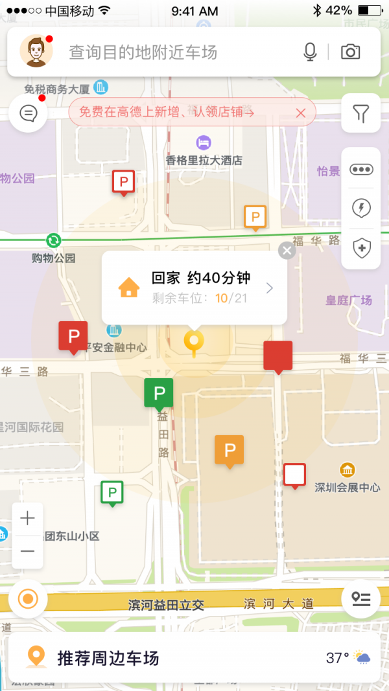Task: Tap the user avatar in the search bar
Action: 36,52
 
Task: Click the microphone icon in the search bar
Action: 310,52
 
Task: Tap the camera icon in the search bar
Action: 351,52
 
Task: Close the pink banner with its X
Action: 300,113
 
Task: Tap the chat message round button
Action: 29,113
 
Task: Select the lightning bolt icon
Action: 361,208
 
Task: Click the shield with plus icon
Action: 361,247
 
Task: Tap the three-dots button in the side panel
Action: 361,169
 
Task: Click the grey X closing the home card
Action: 287,251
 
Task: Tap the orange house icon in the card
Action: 129,287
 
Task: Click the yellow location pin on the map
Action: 193,341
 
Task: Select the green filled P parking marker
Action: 158,392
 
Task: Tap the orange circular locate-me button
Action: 28,598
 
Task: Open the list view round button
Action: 360,598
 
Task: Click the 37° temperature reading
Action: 337,658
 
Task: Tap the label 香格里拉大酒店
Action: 204,160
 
